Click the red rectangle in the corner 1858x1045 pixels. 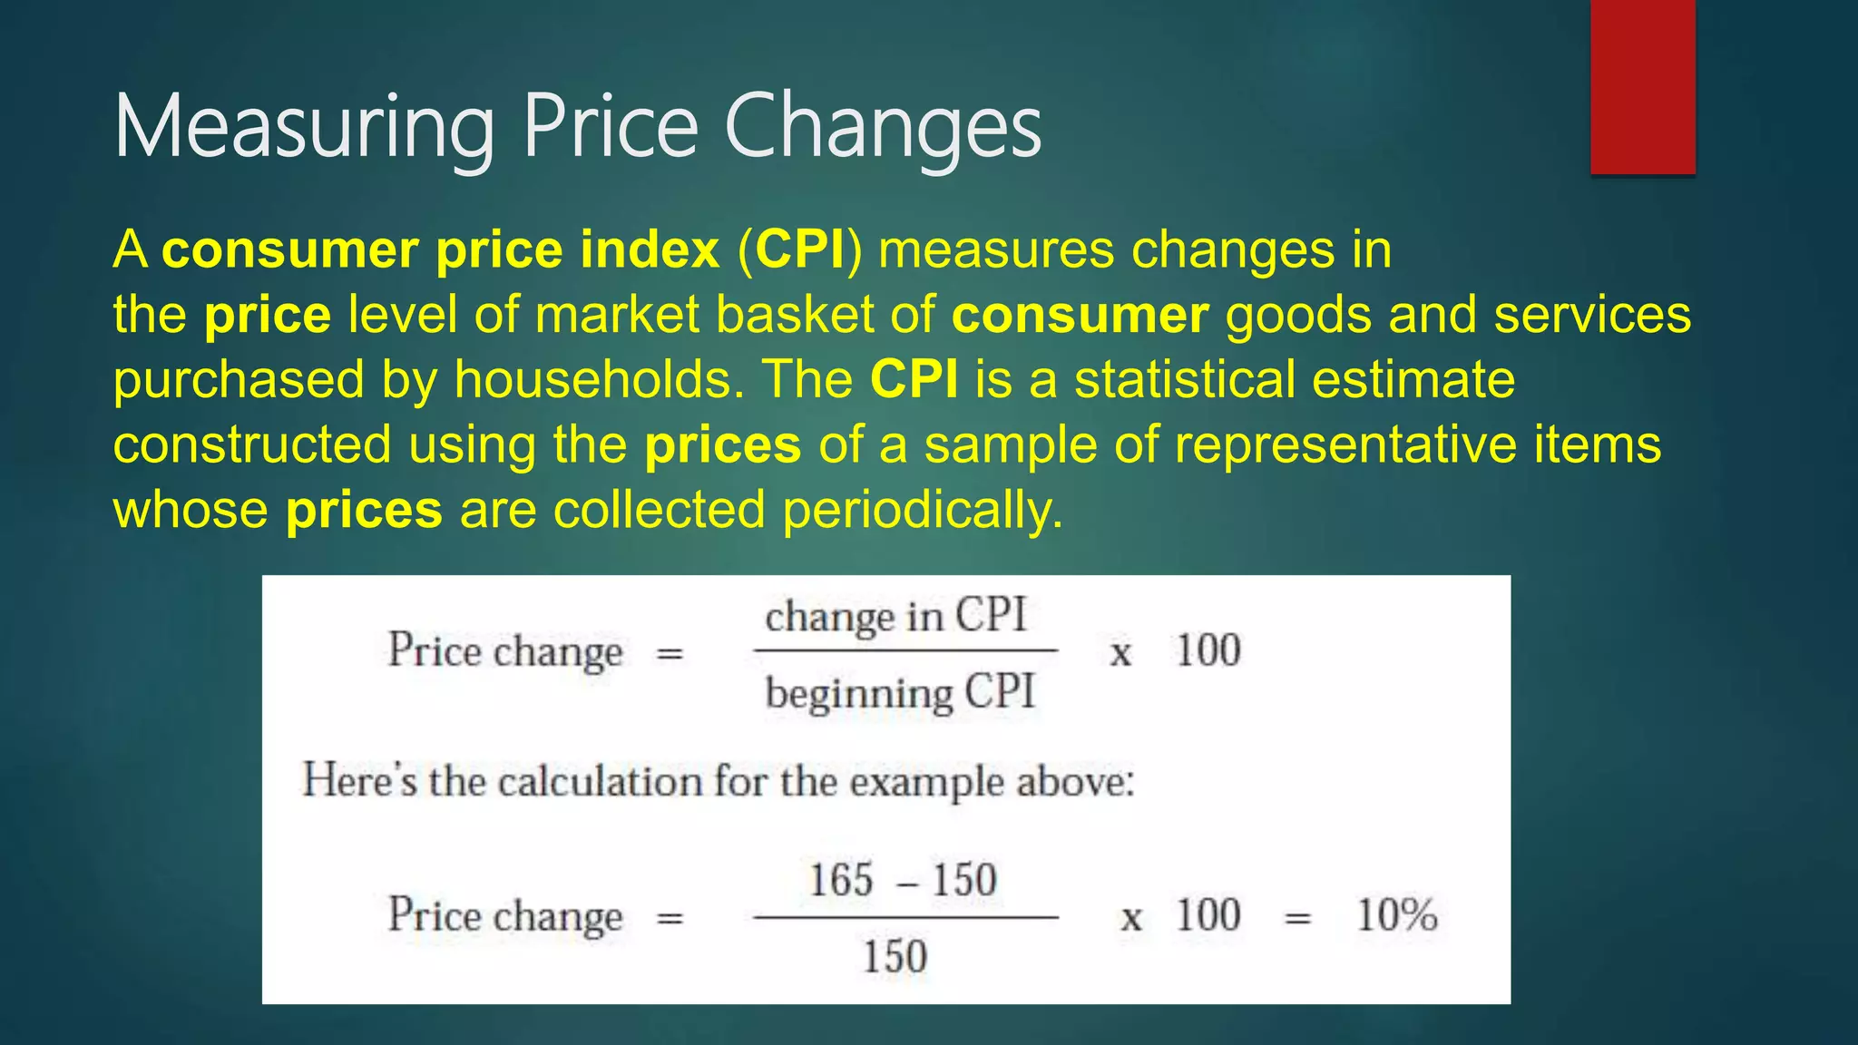1642,86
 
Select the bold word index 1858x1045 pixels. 650,249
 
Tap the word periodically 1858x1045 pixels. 922,510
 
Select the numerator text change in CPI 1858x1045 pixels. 895,617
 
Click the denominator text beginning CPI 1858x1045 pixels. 899,693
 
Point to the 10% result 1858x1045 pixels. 1396,915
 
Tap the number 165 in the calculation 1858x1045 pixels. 841,880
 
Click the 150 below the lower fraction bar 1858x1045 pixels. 895,957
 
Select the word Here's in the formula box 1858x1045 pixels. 358,780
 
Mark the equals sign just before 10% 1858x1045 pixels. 1298,918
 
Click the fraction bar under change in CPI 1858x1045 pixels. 905,650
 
